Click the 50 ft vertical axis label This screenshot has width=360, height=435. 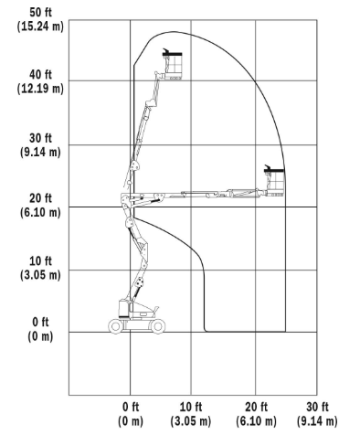pyautogui.click(x=40, y=13)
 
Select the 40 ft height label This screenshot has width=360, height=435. pyautogui.click(x=40, y=75)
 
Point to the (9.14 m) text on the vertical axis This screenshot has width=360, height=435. pyautogui.click(x=40, y=152)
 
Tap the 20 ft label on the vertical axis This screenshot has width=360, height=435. pyautogui.click(x=40, y=198)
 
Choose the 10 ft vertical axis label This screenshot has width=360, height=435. pyautogui.click(x=40, y=261)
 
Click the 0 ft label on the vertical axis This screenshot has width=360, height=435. pyautogui.click(x=40, y=322)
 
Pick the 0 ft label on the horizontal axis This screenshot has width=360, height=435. pyautogui.click(x=131, y=407)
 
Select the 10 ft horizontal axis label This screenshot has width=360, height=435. pyautogui.click(x=191, y=407)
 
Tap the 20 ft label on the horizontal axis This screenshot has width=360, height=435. pyautogui.click(x=256, y=407)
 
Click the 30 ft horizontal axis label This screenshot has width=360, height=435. pyautogui.click(x=317, y=407)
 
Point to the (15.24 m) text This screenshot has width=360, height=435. pyautogui.click(x=40, y=27)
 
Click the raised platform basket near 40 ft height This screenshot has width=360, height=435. pyautogui.click(x=173, y=66)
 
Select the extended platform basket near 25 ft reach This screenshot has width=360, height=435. pyautogui.click(x=274, y=182)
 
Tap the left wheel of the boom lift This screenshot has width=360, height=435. pyautogui.click(x=115, y=326)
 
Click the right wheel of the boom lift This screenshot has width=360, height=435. pyautogui.click(x=158, y=326)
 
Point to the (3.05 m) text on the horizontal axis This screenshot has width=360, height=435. pyautogui.click(x=191, y=421)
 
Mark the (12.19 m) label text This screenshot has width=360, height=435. pyautogui.click(x=40, y=89)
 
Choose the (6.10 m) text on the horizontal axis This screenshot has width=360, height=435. pyautogui.click(x=256, y=421)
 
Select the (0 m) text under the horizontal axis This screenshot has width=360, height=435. pyautogui.click(x=131, y=421)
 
